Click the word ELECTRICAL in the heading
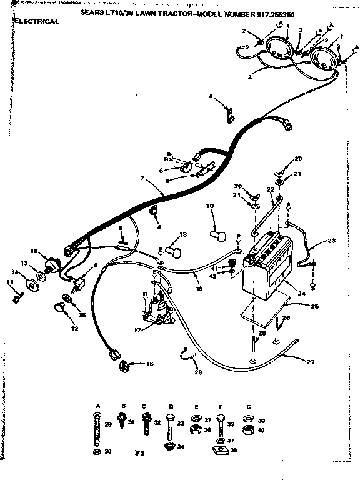coord(37,21)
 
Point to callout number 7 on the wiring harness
coord(142,178)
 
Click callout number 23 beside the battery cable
coord(332,241)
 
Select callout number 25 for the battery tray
coord(314,306)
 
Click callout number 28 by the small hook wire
coord(198,372)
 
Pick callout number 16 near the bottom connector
coord(149,363)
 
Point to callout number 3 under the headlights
coord(249,77)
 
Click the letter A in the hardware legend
coord(97,406)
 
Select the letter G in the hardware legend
coord(249,406)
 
